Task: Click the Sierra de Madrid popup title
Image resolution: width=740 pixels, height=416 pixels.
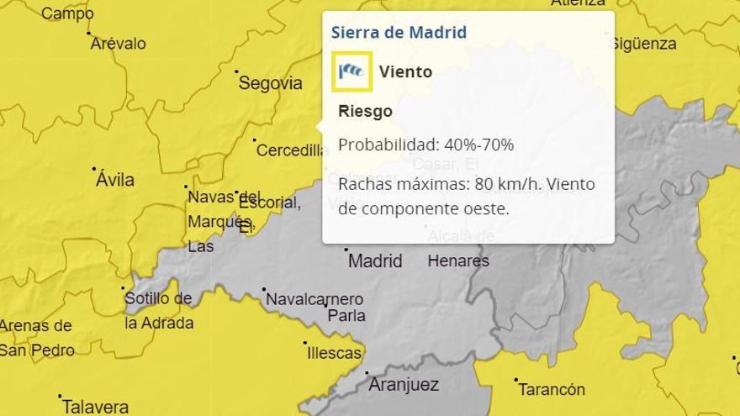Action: click(399, 33)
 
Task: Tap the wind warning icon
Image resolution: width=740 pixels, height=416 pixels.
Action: click(351, 71)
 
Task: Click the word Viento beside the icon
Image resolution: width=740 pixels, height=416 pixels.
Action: click(405, 71)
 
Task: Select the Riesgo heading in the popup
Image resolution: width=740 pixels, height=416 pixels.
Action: click(365, 111)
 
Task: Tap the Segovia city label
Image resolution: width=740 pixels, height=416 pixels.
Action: click(270, 83)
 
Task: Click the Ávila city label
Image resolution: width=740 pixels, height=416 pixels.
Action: click(115, 180)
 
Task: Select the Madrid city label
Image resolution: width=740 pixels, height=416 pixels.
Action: click(375, 261)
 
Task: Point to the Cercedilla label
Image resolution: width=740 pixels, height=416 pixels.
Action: click(290, 151)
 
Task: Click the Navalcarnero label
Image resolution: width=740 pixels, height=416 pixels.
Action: click(314, 299)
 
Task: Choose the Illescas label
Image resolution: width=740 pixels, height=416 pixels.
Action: click(334, 354)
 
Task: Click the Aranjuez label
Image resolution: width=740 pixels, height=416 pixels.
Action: click(404, 386)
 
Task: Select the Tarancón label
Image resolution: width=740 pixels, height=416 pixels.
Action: click(552, 390)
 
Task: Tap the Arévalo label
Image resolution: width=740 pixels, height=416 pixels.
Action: click(118, 44)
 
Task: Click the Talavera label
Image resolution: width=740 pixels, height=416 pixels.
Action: click(95, 408)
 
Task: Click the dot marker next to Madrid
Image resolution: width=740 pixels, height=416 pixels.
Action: click(346, 250)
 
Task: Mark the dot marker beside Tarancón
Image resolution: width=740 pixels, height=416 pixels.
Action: click(516, 380)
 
